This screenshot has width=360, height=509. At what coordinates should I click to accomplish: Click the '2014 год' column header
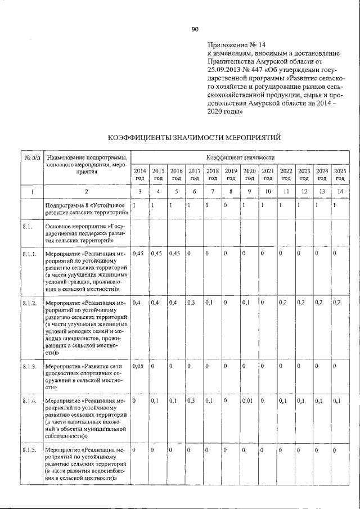[140, 174]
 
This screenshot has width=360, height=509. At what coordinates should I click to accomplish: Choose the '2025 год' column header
[340, 174]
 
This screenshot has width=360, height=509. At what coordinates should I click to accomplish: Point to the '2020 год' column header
[249, 174]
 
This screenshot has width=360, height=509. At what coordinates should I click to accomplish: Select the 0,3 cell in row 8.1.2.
[192, 303]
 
